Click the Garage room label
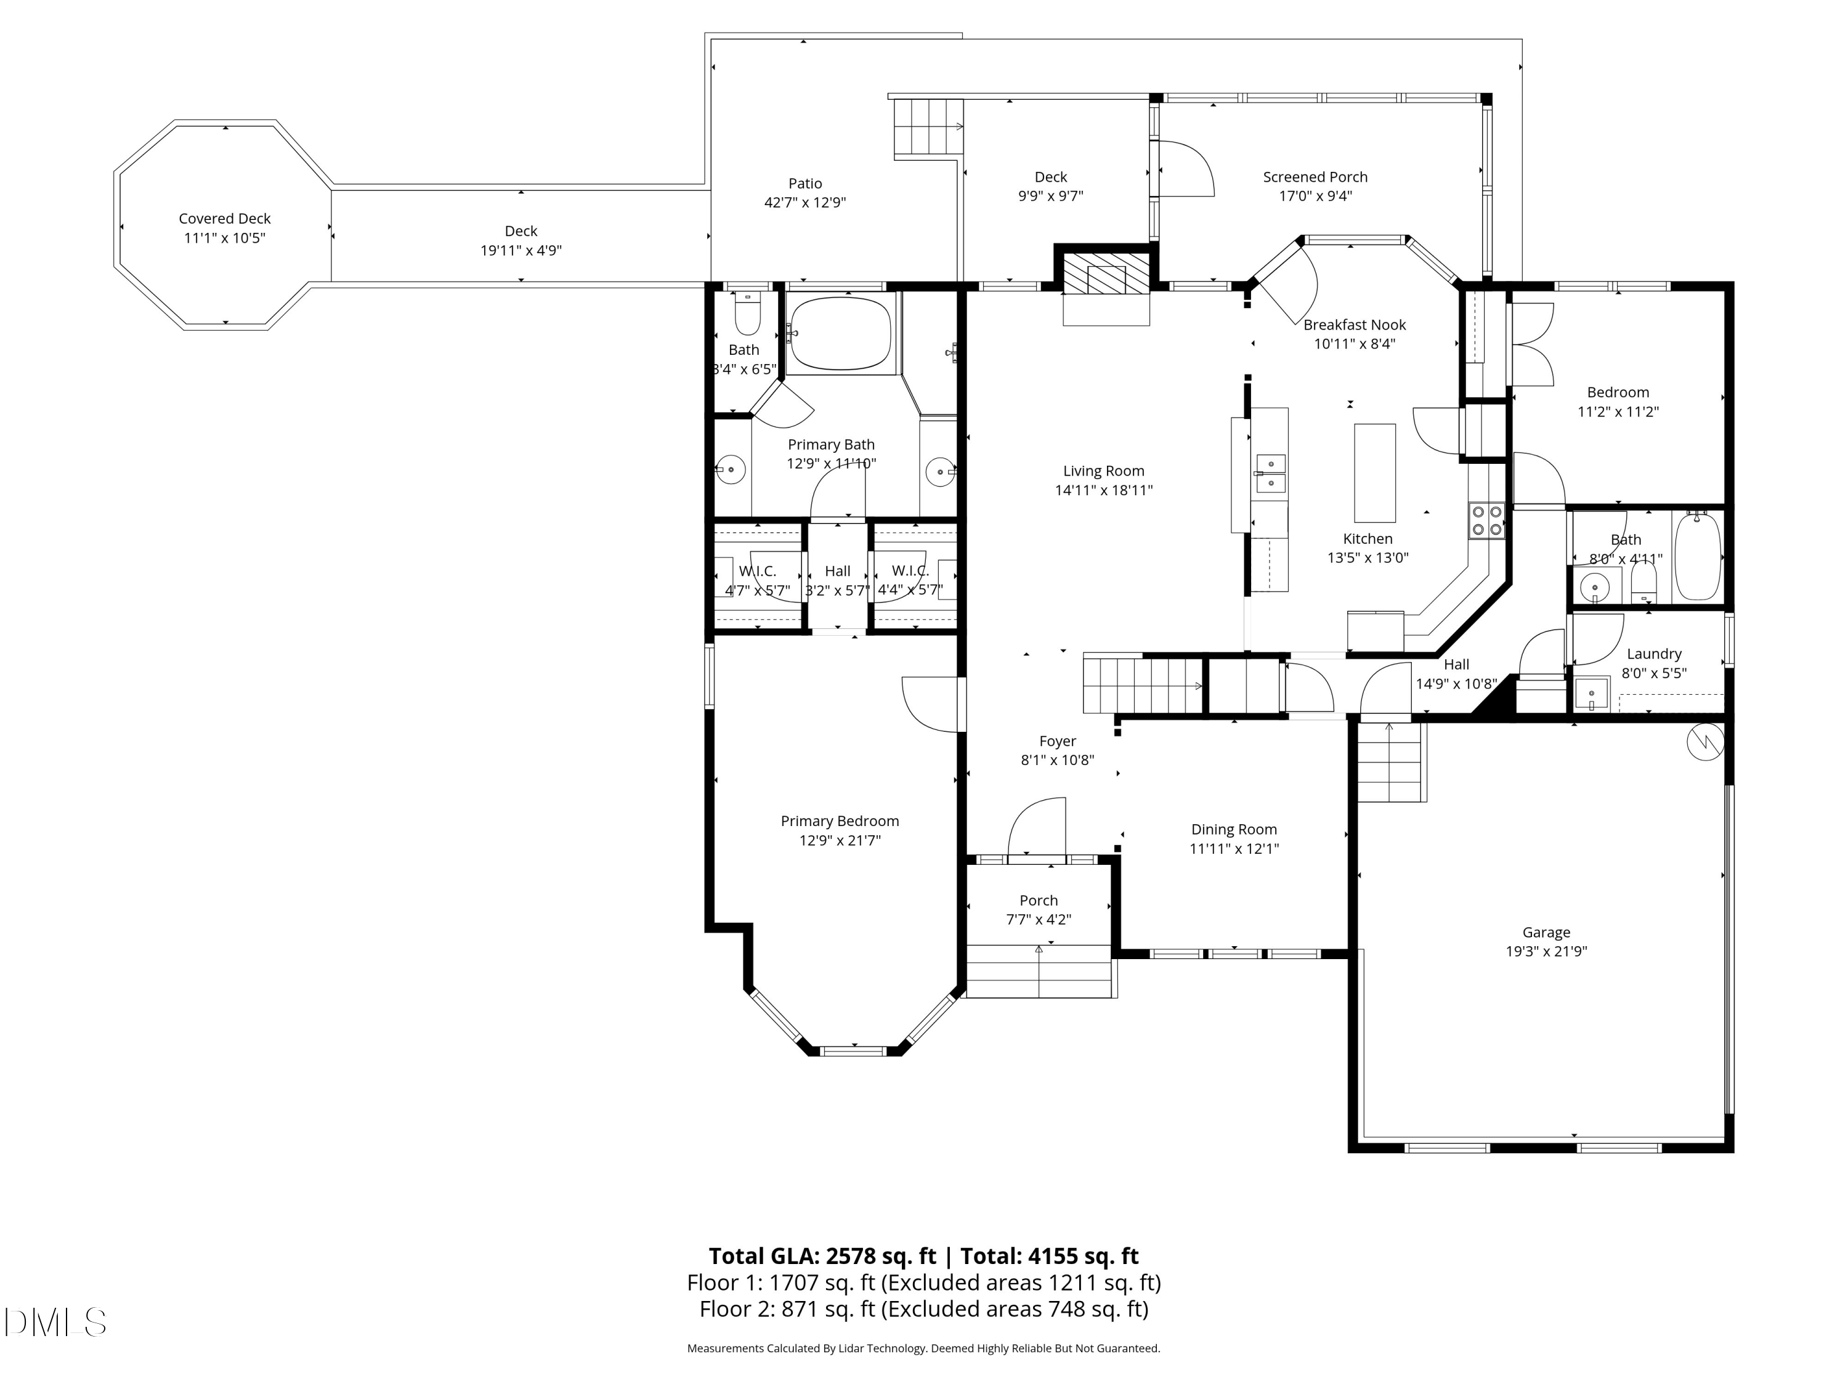[1546, 933]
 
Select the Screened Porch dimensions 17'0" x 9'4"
[1315, 197]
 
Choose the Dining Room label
[1233, 830]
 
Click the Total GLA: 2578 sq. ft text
[822, 1257]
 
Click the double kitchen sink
[1271, 474]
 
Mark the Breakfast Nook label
[1354, 325]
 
